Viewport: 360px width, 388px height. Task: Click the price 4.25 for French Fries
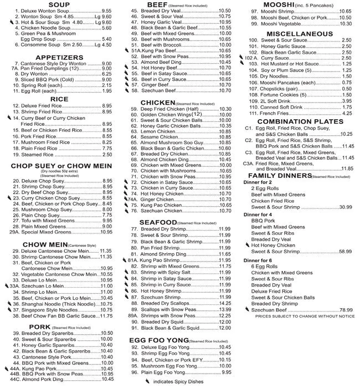(347, 113)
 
